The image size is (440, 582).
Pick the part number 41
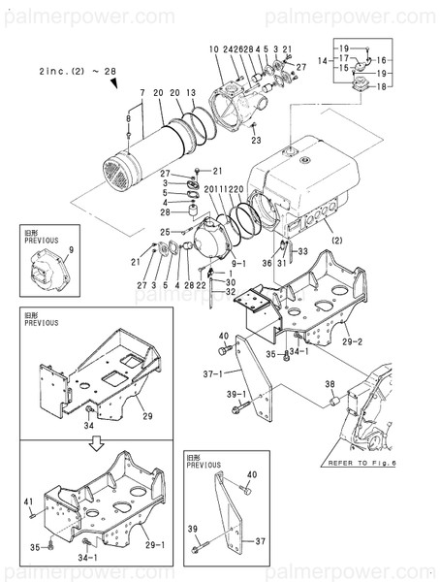pyautogui.click(x=28, y=501)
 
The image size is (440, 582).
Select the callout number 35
pyautogui.click(x=36, y=548)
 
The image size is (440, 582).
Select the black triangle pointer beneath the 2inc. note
pyautogui.click(x=114, y=85)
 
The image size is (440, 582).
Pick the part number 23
pyautogui.click(x=256, y=140)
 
